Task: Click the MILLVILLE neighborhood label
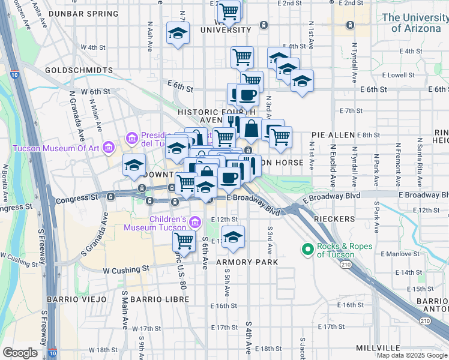pos(377,348)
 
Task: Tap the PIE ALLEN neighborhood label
pos(330,136)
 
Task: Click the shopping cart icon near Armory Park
pos(184,241)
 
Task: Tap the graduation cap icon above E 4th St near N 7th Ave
pos(178,33)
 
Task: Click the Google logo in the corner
pos(20,353)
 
